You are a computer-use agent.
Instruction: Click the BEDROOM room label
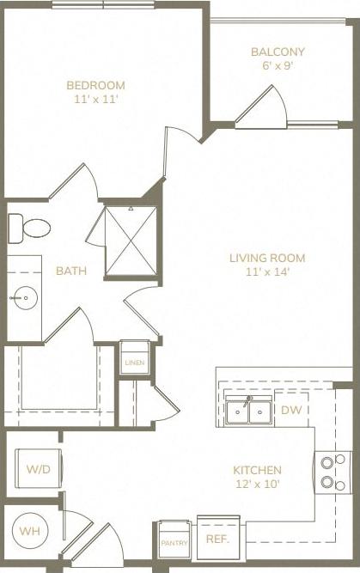pos(95,85)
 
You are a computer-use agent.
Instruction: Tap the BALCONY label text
pos(278,52)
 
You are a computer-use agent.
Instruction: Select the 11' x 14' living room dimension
pos(266,272)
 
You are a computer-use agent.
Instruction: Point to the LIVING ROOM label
pos(266,258)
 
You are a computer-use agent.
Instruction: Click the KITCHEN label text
pos(257,470)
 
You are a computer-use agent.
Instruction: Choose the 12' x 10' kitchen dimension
pos(257,485)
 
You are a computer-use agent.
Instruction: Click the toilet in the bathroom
pos(29,229)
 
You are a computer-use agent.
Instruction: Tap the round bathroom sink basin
pos(23,299)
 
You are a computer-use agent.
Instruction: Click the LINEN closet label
pos(135,363)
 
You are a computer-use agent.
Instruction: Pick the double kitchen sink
pos(248,411)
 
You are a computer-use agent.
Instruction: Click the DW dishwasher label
pos(291,411)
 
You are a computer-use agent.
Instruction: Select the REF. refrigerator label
pos(217,539)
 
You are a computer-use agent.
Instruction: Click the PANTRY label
pos(174,544)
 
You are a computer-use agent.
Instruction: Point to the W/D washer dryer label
pos(37,470)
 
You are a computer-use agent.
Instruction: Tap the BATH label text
pos(70,271)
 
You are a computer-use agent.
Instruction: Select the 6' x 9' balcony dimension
pos(278,65)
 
